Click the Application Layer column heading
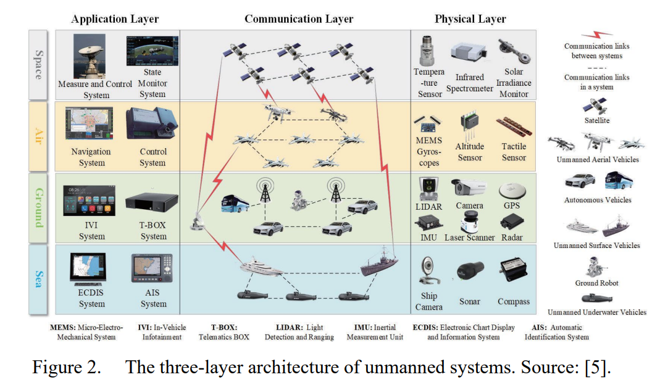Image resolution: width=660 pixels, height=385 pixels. pos(115,19)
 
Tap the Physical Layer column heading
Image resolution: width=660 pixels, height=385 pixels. pos(470,19)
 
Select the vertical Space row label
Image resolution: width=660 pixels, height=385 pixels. pos(38,65)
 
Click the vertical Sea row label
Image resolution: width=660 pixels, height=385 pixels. pos(38,279)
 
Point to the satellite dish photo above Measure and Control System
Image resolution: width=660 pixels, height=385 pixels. pos(90,56)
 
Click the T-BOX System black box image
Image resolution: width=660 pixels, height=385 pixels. pos(151,202)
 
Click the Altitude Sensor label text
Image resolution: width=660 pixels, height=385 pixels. pos(470,152)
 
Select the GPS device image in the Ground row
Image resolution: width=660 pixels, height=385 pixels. pos(512,191)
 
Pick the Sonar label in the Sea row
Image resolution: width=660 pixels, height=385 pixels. pos(470,301)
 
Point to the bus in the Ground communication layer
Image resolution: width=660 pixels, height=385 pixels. pos(235,203)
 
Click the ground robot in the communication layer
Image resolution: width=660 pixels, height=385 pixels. pos(299,201)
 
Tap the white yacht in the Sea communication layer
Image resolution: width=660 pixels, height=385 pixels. pos(261,267)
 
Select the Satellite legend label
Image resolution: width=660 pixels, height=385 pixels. pos(597,120)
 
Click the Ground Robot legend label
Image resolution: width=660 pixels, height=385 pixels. pos(597,283)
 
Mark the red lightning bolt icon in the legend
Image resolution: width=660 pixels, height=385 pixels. pos(597,35)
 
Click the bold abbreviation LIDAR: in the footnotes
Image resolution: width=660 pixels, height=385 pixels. pos(290,328)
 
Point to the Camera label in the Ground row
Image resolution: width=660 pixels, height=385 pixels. pos(469,205)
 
